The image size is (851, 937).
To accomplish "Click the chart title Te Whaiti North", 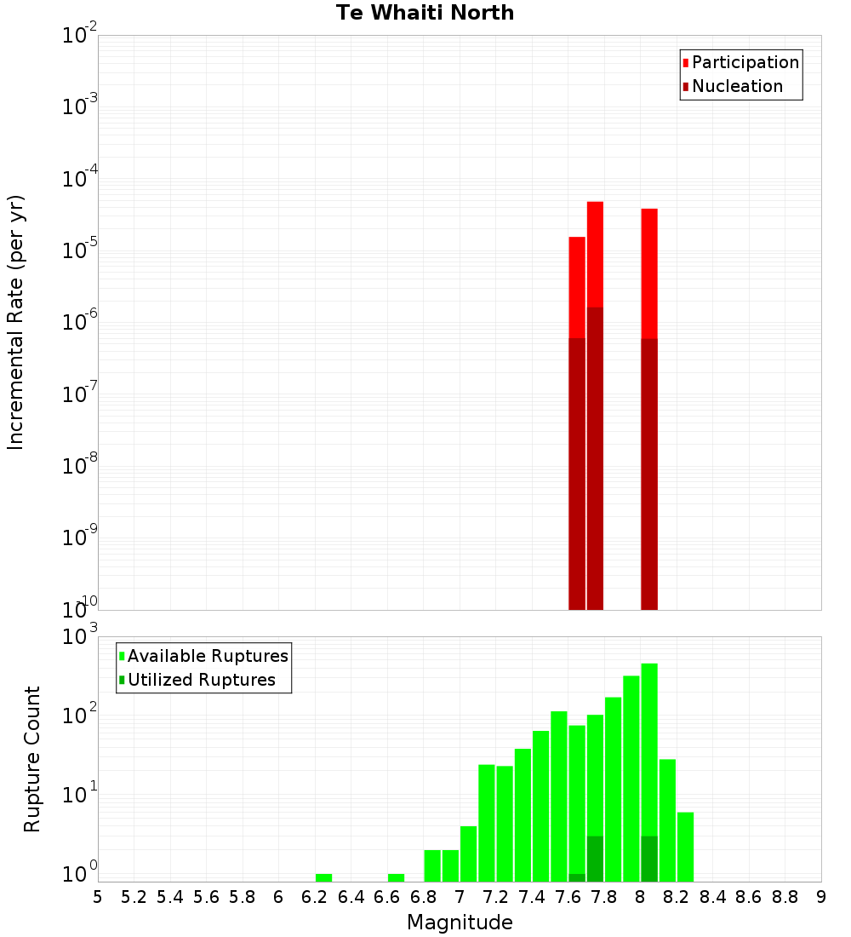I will pyautogui.click(x=425, y=13).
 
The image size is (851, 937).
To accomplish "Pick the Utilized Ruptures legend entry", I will pyautogui.click(x=200, y=680).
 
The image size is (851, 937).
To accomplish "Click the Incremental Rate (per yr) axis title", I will pyautogui.click(x=16, y=322).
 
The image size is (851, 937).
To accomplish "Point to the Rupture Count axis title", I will pyautogui.click(x=32, y=759).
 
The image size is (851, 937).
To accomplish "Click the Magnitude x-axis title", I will pyautogui.click(x=460, y=923).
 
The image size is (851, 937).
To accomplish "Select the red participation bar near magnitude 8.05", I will pyautogui.click(x=649, y=273).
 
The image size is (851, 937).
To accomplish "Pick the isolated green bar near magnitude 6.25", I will pyautogui.click(x=323, y=877).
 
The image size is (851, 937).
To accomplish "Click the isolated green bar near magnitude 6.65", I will pyautogui.click(x=396, y=877).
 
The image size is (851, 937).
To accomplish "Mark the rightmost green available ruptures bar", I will pyautogui.click(x=685, y=847).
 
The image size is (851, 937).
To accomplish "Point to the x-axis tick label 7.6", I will pyautogui.click(x=568, y=897).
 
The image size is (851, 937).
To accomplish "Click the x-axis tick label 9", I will pyautogui.click(x=821, y=897).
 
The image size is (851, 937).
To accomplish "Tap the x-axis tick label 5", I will pyautogui.click(x=98, y=897).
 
